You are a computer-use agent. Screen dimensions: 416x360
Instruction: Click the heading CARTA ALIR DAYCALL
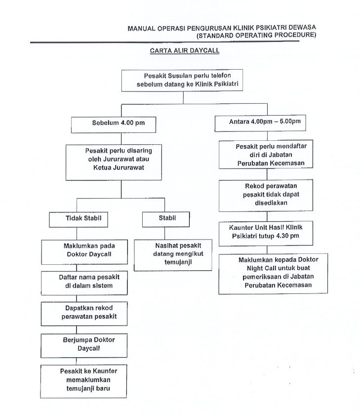click(184, 50)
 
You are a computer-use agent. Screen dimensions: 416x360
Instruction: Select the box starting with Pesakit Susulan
click(184, 81)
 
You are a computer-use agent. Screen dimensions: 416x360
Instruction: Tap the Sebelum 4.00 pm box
click(108, 123)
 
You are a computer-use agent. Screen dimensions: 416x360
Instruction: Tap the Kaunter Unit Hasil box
click(267, 232)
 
